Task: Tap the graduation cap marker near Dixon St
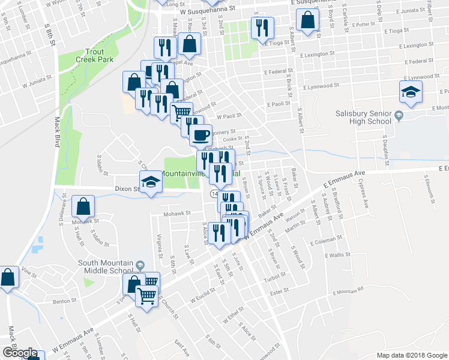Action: tap(151, 181)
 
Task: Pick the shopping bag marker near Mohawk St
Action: tap(83, 206)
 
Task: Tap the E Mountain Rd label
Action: tap(348, 292)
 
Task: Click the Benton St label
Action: tap(66, 302)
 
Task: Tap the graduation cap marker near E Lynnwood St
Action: tap(411, 92)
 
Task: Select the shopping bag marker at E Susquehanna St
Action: tap(307, 20)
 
